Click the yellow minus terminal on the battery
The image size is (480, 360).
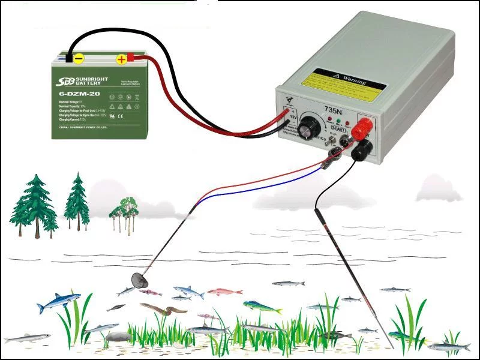(77, 58)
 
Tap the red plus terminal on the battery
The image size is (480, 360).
(122, 59)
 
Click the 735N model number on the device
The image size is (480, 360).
(332, 109)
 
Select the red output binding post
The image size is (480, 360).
(364, 127)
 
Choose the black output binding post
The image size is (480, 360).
(361, 149)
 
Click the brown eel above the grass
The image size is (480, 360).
(169, 309)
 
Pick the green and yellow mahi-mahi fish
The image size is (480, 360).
(262, 307)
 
